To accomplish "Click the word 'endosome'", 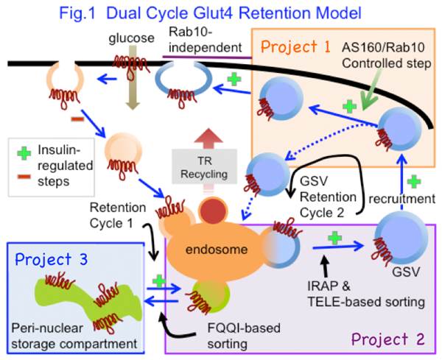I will coord(208,248).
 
